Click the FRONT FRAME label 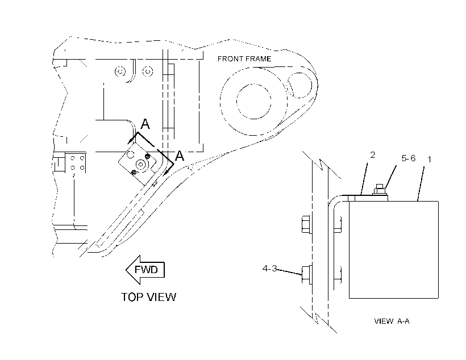point(244,59)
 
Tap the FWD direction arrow point(145,270)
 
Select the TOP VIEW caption point(148,297)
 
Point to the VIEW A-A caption point(392,321)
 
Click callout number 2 point(373,155)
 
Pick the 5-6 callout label point(409,158)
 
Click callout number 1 point(429,160)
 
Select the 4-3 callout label point(269,269)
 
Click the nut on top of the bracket point(380,190)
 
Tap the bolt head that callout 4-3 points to point(306,275)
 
